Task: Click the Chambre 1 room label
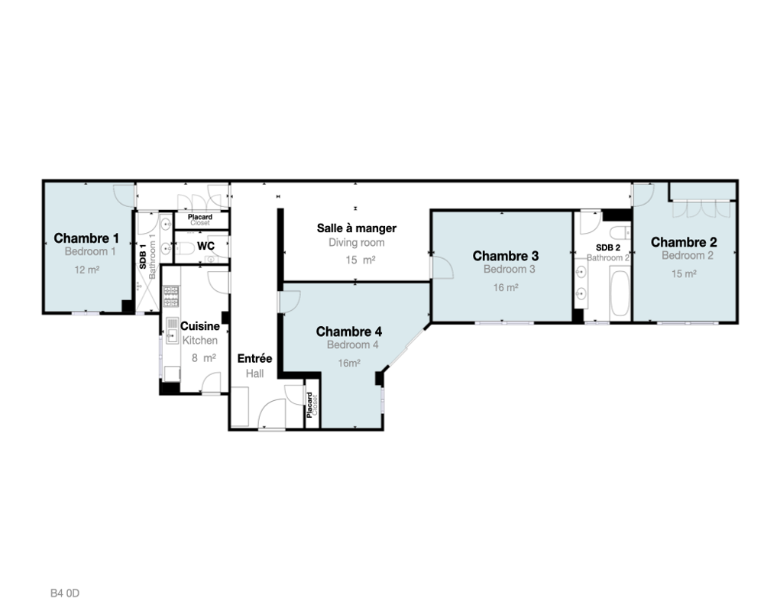point(86,238)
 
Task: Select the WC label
point(206,246)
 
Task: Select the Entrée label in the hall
point(254,359)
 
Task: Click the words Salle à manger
point(357,228)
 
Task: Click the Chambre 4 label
point(349,331)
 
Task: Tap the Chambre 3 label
point(506,255)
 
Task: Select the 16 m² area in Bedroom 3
point(506,288)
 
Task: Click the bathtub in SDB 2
point(619,299)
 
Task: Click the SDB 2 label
point(607,247)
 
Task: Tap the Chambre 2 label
point(684,242)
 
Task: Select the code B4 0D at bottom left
point(65,592)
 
